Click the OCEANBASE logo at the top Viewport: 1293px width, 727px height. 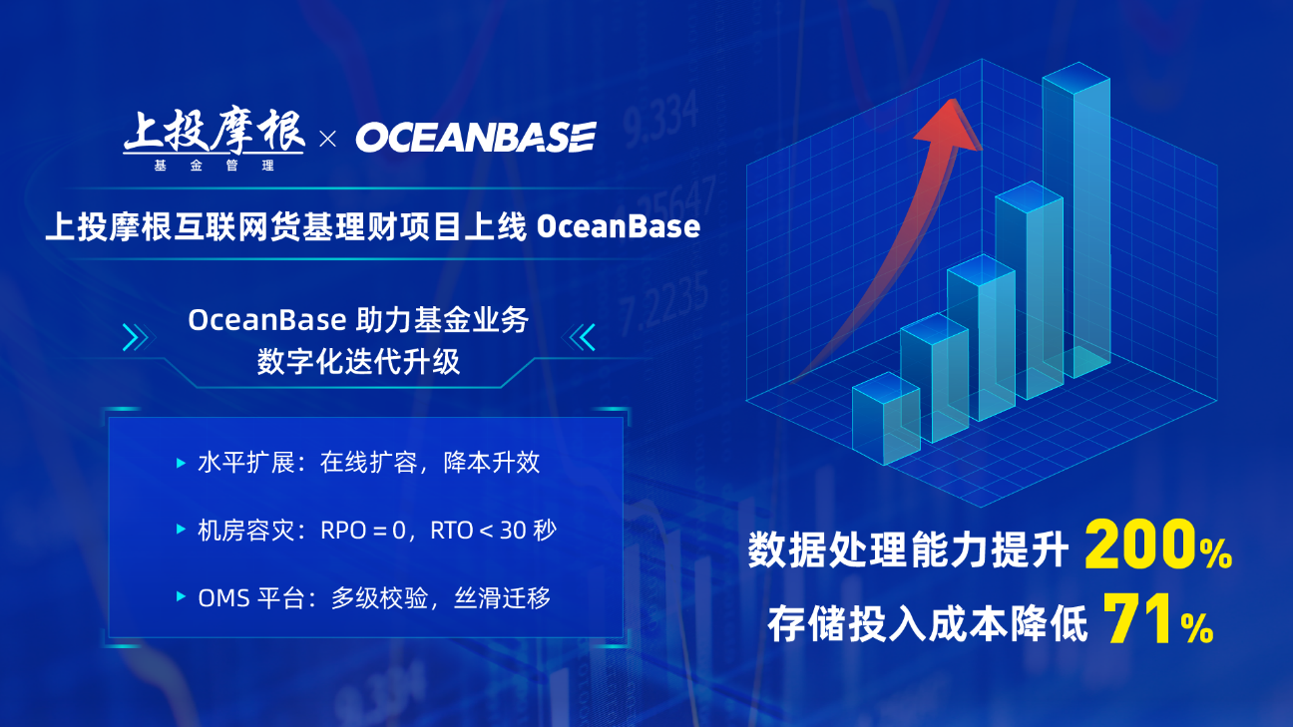[476, 137]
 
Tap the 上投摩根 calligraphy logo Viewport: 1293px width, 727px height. [214, 139]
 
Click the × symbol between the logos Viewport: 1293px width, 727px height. [328, 139]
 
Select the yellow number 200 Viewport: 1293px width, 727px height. [1140, 545]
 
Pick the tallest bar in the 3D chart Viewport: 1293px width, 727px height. [1076, 219]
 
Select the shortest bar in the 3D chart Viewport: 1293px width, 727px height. [886, 418]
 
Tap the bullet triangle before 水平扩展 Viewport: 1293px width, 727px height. [181, 463]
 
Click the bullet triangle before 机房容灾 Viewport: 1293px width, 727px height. [181, 530]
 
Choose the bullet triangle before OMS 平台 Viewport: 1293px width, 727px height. [181, 596]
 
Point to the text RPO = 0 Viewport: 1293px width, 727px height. [363, 531]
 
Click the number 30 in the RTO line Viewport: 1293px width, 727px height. [512, 531]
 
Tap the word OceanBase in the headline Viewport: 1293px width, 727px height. [619, 226]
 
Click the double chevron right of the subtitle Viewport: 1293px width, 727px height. [579, 337]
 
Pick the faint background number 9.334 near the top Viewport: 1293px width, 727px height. [661, 120]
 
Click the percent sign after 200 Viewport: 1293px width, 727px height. [1215, 552]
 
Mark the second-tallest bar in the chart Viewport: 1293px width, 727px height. [1030, 288]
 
